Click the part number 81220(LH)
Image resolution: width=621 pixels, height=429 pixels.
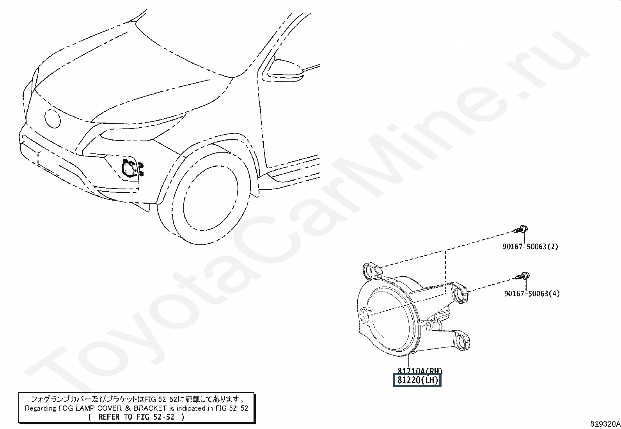(x=417, y=380)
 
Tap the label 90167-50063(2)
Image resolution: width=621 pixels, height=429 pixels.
(x=530, y=246)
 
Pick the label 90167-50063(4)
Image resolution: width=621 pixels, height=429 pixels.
(x=531, y=294)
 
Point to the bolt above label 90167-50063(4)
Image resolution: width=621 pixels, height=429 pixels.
(x=523, y=276)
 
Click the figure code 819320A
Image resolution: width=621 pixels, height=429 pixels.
(x=605, y=424)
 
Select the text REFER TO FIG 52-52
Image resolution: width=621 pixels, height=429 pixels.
(x=136, y=417)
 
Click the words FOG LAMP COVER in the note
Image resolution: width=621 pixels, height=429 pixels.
(x=85, y=408)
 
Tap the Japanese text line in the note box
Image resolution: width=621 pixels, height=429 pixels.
(x=137, y=399)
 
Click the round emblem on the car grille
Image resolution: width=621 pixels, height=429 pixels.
(x=52, y=118)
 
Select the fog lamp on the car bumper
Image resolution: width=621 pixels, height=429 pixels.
(x=129, y=170)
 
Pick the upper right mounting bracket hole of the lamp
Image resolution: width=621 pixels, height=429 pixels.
(x=462, y=294)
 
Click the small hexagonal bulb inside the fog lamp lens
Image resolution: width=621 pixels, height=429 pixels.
(x=366, y=315)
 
